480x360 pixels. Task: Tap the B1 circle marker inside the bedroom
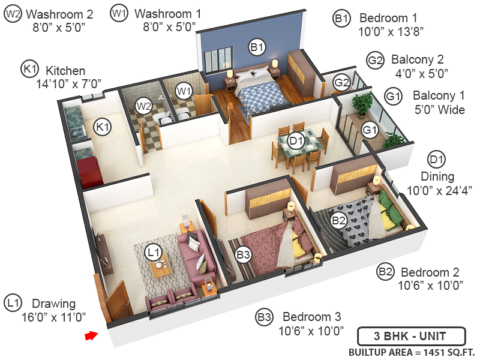(x=257, y=46)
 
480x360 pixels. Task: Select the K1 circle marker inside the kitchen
(x=102, y=127)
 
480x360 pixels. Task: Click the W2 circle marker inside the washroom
(x=143, y=107)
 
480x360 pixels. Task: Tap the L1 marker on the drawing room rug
(x=155, y=253)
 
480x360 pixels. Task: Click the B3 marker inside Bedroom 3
(x=243, y=255)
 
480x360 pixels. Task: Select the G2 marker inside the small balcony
(x=342, y=82)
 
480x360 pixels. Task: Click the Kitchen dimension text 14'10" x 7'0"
(x=68, y=84)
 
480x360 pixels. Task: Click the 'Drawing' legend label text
(x=53, y=303)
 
